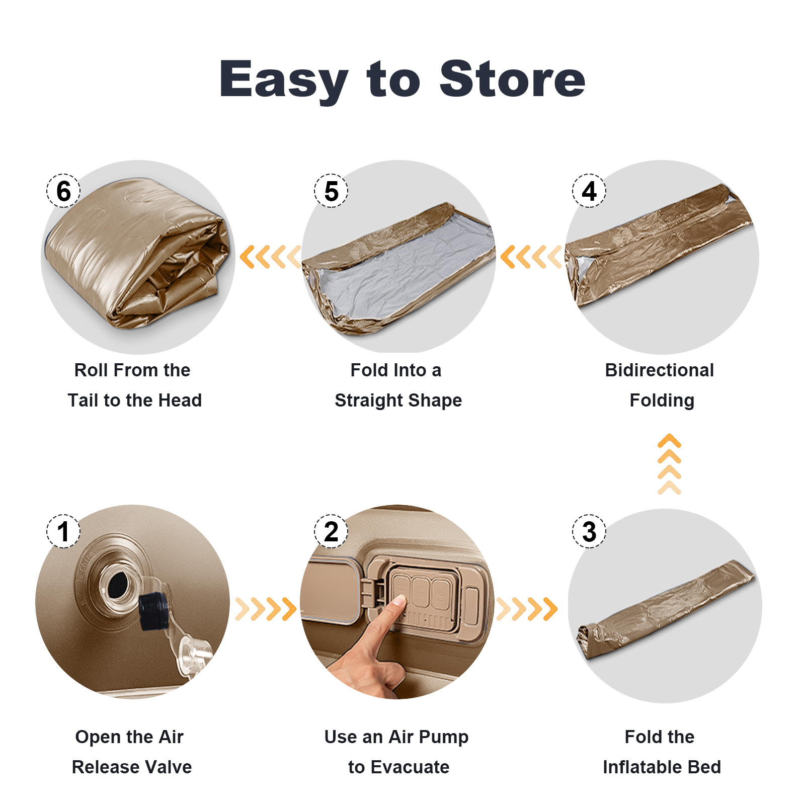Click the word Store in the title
[513, 78]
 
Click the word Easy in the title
[284, 80]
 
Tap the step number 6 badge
[63, 191]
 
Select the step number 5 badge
[331, 191]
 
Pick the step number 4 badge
[589, 191]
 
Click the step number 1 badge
[63, 531]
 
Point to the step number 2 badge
[331, 531]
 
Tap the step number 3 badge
[589, 531]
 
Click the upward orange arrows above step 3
[669, 464]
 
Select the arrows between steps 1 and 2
[266, 609]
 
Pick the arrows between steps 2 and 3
[527, 609]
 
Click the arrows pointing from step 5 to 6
[270, 257]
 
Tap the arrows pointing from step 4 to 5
[531, 257]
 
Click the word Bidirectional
[659, 370]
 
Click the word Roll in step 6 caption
[91, 370]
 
